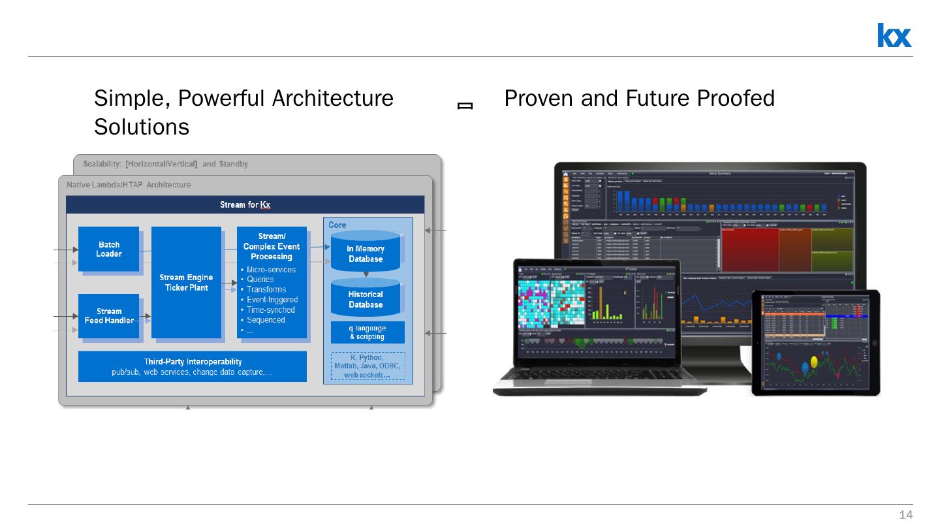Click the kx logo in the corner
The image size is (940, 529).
tap(894, 35)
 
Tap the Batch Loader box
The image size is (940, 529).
tap(108, 249)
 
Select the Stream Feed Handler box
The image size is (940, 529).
tap(109, 316)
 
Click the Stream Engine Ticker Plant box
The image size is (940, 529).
tap(186, 283)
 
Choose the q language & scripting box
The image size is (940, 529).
tap(368, 332)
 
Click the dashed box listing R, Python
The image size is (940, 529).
tap(368, 366)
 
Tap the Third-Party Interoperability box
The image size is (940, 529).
tap(193, 366)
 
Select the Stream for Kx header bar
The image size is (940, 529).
tap(245, 204)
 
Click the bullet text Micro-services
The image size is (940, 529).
tap(271, 270)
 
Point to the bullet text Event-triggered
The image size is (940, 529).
tap(272, 300)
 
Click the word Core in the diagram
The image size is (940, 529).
tap(337, 225)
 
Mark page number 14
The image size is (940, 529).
tap(905, 515)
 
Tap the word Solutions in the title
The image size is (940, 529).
tap(142, 127)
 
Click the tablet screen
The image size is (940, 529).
tap(816, 342)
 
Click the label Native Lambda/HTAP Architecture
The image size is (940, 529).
tap(129, 185)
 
